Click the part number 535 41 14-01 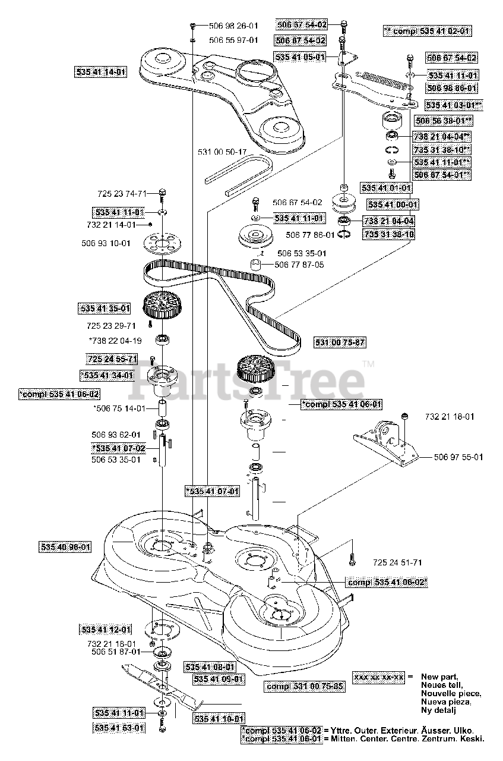[101, 73]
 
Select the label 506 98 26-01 [233, 26]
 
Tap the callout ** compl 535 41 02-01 [427, 31]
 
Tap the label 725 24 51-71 [398, 562]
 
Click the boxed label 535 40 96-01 [67, 546]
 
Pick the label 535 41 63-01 [119, 728]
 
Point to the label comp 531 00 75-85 [305, 686]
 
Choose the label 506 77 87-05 [300, 264]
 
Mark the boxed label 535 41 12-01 [106, 629]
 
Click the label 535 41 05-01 [300, 56]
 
